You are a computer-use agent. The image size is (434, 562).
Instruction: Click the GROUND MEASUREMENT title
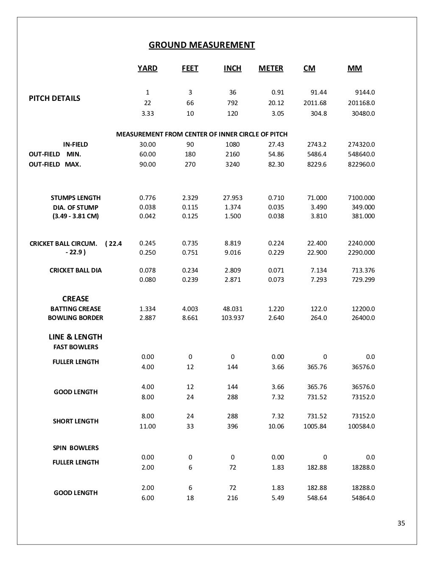point(202,45)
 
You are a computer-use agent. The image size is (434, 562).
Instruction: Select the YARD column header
point(147,68)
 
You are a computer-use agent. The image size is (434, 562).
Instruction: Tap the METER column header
point(271,68)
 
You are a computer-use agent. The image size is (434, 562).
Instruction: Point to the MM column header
point(355,68)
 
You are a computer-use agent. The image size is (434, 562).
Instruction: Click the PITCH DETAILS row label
point(54,98)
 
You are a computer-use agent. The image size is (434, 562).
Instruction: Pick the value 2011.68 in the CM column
point(315,103)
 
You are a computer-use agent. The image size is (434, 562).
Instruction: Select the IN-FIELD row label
point(75,145)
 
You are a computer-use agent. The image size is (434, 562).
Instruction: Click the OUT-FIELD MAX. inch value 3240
point(233,164)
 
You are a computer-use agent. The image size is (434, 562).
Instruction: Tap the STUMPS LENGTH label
point(75,198)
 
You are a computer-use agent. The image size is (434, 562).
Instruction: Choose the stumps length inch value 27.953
point(233,198)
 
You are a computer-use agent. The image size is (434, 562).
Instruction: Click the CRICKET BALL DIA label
point(75,270)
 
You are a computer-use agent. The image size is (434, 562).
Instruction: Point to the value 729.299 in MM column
point(363,280)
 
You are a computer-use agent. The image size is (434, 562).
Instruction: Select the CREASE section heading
point(75,298)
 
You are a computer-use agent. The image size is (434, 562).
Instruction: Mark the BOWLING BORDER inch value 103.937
point(233,318)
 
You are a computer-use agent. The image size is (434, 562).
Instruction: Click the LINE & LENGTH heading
point(75,337)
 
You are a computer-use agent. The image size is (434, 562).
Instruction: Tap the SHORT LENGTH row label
point(75,421)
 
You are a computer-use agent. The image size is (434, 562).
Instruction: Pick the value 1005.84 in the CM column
point(315,426)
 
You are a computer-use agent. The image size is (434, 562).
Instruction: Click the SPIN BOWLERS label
point(75,448)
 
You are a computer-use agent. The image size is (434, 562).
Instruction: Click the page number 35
point(401,523)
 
